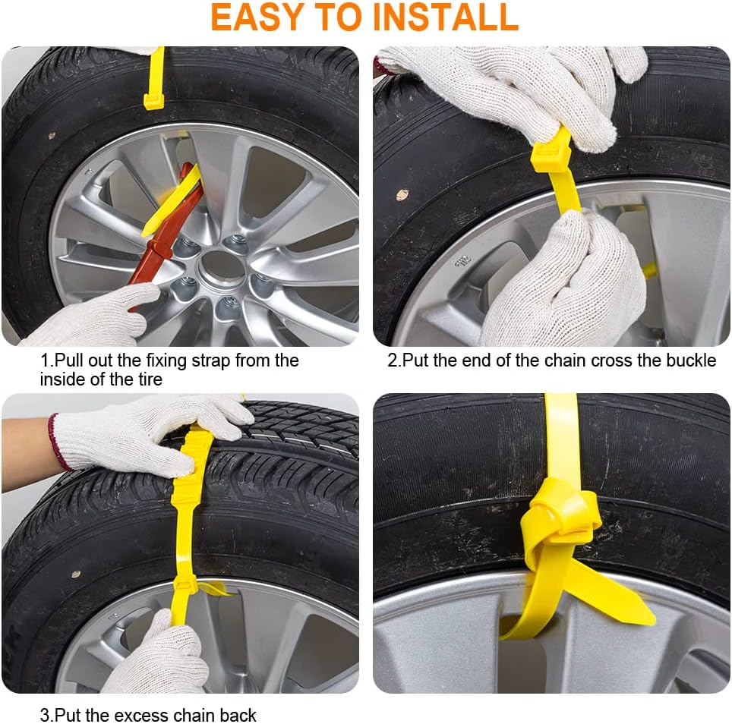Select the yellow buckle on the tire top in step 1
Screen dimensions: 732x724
[x=153, y=101]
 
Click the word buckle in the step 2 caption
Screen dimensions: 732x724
[x=690, y=360]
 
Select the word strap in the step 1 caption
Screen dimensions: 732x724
[x=210, y=361]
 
